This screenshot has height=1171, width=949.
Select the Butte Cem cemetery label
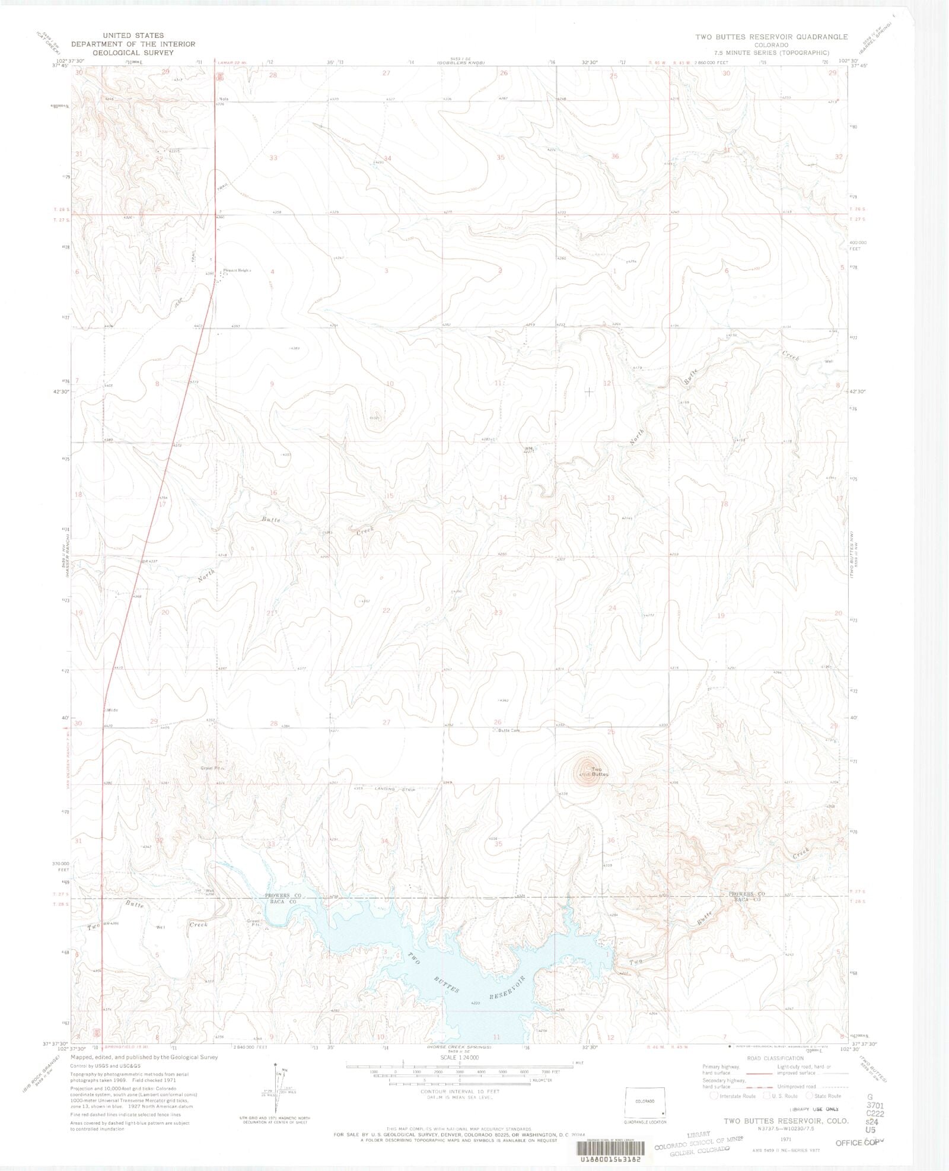point(508,730)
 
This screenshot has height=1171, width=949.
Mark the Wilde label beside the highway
point(112,709)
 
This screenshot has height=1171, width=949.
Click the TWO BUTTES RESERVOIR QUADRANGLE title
point(771,37)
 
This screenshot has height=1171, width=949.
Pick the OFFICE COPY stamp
point(857,1141)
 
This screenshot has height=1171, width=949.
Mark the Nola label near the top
point(224,98)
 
